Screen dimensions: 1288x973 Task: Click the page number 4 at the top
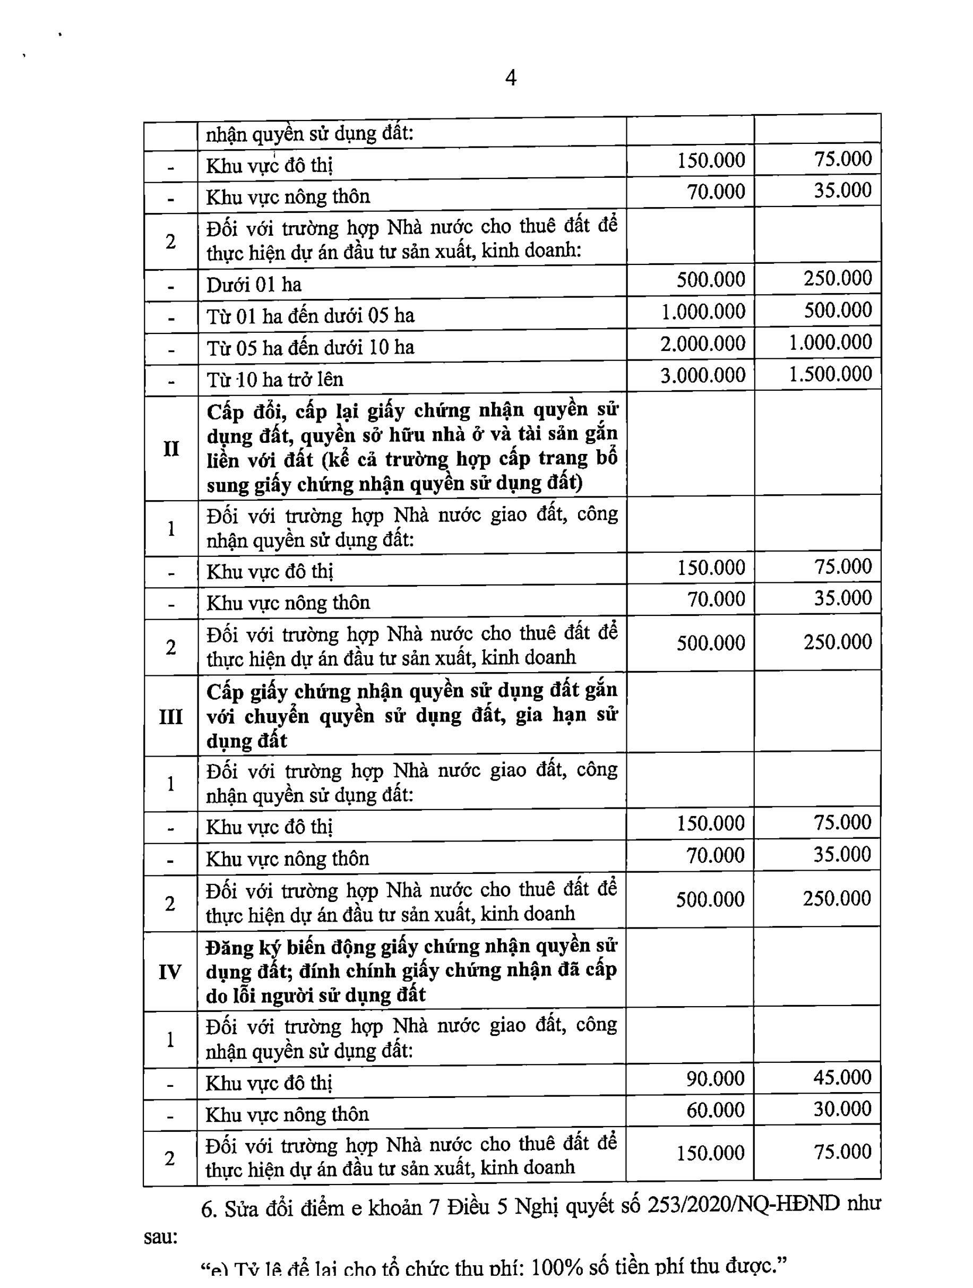click(511, 78)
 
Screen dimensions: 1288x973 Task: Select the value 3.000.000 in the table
click(702, 375)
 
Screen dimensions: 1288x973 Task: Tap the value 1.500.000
click(830, 374)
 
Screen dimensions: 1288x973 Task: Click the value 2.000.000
click(702, 344)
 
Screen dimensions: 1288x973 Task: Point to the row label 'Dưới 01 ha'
click(254, 285)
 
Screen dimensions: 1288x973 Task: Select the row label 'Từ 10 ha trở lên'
click(275, 380)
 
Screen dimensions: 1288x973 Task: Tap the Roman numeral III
click(170, 717)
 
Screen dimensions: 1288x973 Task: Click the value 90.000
click(715, 1078)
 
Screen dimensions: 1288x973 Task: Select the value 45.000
click(842, 1077)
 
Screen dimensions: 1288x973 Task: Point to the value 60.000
click(715, 1110)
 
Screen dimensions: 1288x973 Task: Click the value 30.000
click(842, 1109)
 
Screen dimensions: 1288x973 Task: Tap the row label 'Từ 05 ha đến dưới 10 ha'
click(311, 348)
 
